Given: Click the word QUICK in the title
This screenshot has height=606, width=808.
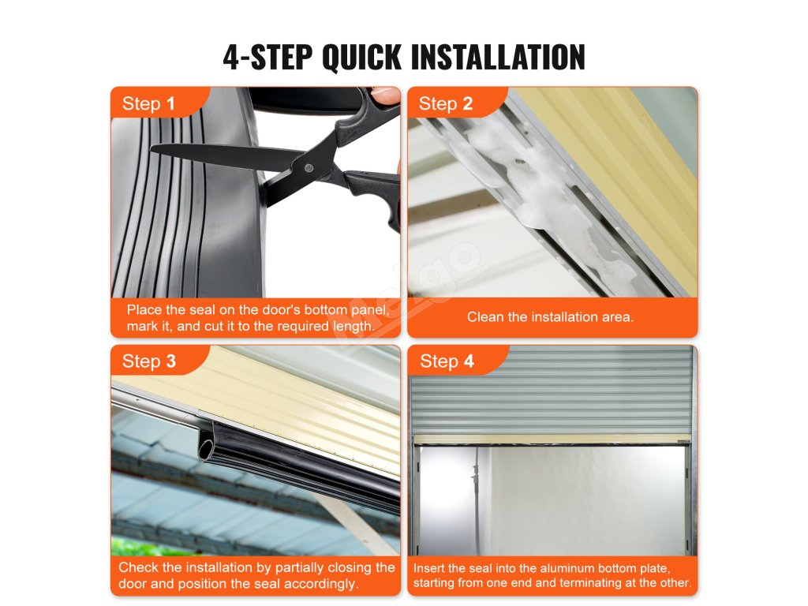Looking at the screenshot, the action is (x=361, y=57).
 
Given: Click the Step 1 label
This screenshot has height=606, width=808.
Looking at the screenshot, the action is (x=148, y=103).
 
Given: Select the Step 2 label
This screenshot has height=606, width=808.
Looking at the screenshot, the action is (x=446, y=103).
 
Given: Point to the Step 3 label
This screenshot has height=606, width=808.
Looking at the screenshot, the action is (x=149, y=361).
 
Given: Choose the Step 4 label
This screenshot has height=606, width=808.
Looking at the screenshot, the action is (x=447, y=361).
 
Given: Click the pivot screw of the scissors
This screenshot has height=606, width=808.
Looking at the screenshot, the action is (x=309, y=168).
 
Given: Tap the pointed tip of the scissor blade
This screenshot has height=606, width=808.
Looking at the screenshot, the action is (x=151, y=148).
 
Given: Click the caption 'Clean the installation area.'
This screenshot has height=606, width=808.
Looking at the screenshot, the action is (x=550, y=316).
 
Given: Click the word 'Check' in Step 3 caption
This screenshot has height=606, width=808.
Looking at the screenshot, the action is (x=138, y=567).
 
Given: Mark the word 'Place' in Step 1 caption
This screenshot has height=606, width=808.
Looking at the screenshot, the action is (x=144, y=309).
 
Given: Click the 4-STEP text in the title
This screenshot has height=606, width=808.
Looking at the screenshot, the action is (x=267, y=57).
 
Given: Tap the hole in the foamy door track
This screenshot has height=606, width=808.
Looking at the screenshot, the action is (x=519, y=162).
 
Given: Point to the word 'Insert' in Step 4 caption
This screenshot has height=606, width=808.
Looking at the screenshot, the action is (x=429, y=568).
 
